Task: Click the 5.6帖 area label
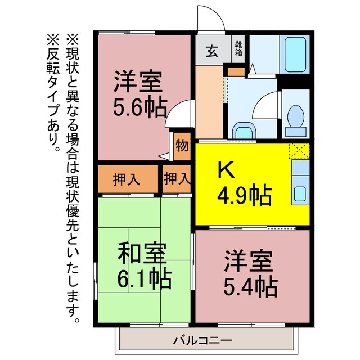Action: [x=138, y=106]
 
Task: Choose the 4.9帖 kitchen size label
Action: [x=245, y=196]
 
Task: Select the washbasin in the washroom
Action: [x=243, y=131]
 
